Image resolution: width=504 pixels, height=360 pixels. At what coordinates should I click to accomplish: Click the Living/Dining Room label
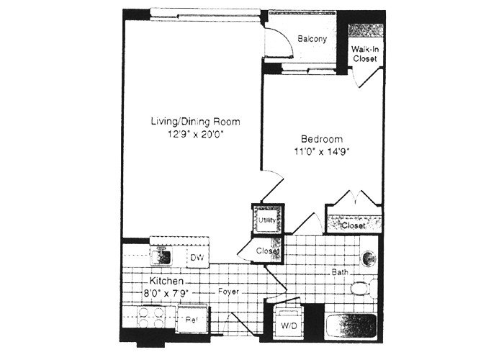point(194,121)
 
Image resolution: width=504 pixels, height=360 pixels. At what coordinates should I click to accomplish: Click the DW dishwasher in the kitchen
point(195,257)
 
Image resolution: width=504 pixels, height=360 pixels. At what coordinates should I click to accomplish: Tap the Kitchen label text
point(166,280)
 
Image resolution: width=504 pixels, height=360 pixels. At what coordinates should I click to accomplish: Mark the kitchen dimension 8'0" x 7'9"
point(166,292)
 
